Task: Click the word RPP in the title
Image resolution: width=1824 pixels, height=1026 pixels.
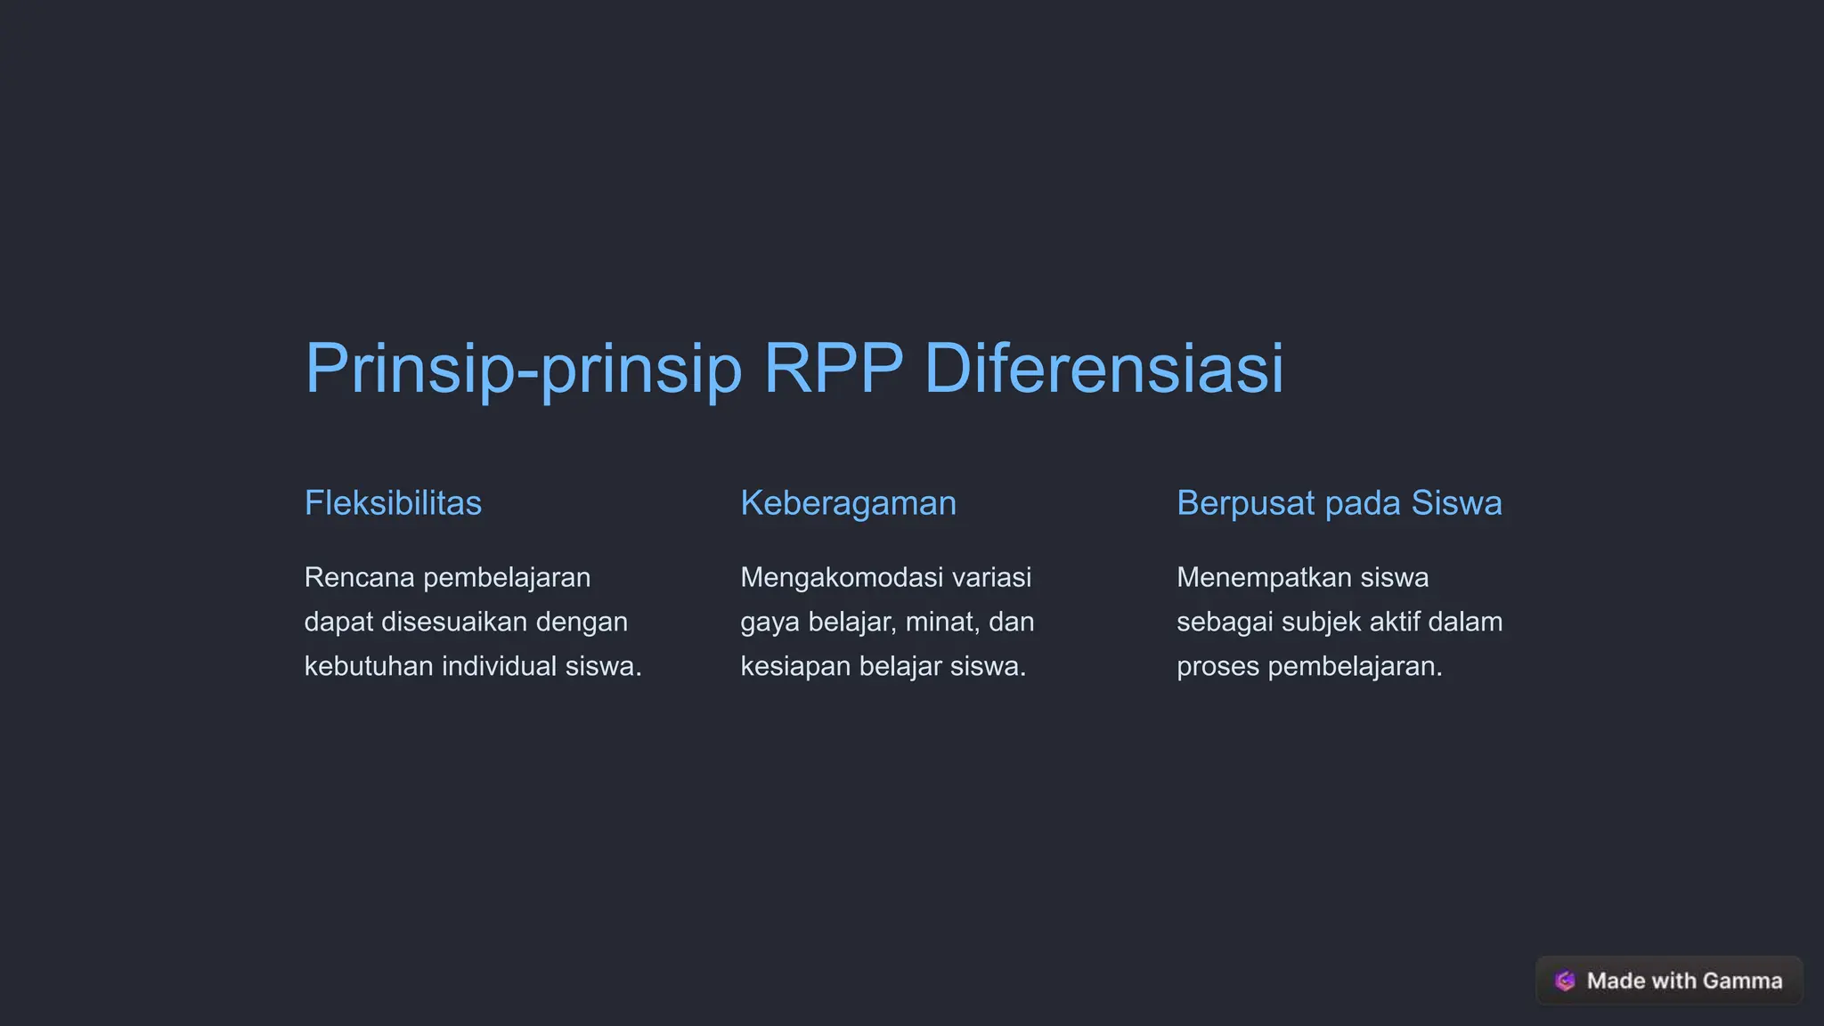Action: click(x=833, y=368)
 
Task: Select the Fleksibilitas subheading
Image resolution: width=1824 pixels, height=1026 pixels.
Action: click(x=393, y=503)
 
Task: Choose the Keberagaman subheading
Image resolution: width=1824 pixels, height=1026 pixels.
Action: click(x=848, y=504)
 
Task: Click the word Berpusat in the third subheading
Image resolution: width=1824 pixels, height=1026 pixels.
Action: click(x=1245, y=504)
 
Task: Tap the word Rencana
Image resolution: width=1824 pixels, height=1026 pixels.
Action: click(x=359, y=577)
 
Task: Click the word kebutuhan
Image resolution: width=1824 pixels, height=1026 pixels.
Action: click(x=369, y=666)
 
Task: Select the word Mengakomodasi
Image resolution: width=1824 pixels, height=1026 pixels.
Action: click(x=841, y=577)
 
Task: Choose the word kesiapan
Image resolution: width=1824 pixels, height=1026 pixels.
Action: click(x=795, y=667)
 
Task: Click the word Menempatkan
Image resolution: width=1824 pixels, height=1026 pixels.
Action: click(x=1264, y=577)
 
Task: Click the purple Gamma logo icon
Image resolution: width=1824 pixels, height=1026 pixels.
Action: click(x=1565, y=981)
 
